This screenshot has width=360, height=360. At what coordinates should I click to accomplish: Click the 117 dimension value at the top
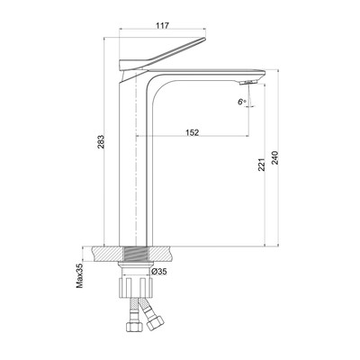[x=163, y=25]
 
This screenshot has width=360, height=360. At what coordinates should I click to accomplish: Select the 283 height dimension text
[x=101, y=142]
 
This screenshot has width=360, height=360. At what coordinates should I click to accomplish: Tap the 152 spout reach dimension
[x=193, y=132]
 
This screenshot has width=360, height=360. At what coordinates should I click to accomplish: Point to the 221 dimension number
[x=262, y=165]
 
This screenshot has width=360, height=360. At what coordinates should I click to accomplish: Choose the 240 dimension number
[x=275, y=157]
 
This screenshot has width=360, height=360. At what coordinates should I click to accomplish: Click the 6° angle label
[x=242, y=102]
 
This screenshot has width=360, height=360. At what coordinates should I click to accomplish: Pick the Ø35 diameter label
[x=159, y=272]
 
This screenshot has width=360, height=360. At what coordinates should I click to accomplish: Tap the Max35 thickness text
[x=79, y=274]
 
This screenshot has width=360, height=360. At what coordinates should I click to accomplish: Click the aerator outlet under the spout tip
[x=248, y=83]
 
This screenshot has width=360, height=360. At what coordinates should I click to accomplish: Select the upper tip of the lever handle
[x=204, y=39]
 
